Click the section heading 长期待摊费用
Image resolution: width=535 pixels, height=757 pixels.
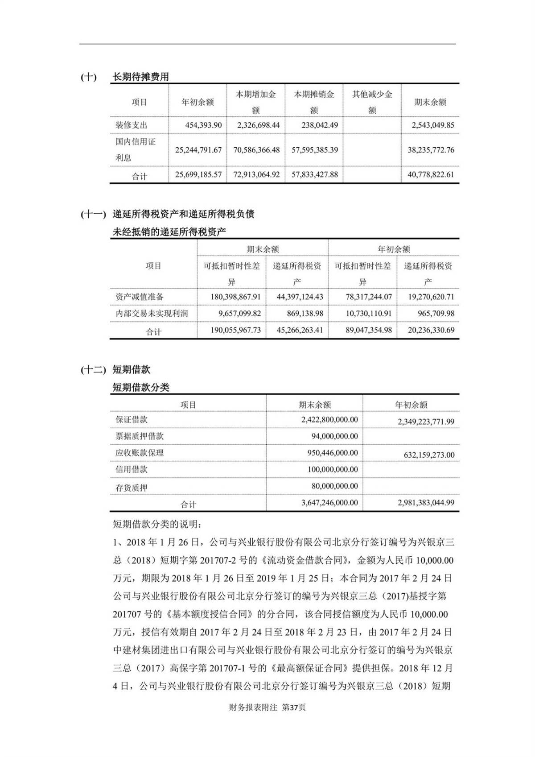[140, 77]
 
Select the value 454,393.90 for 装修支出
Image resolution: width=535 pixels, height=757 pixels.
[203, 125]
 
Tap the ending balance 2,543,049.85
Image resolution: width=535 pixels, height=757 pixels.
[431, 125]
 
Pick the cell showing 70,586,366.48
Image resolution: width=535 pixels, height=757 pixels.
[256, 150]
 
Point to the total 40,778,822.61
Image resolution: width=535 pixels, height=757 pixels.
[431, 174]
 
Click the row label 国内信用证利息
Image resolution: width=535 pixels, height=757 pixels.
[136, 149]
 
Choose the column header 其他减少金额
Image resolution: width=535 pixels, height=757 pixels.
[372, 102]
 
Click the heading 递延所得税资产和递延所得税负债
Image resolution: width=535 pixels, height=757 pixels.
[183, 214]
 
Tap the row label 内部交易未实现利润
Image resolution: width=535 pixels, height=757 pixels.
[152, 314]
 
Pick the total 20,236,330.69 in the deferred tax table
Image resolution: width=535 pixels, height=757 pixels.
[431, 330]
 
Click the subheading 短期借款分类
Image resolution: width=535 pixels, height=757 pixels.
[141, 387]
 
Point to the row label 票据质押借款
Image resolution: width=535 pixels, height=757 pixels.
[140, 436]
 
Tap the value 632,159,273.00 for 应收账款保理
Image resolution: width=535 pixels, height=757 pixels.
[426, 455]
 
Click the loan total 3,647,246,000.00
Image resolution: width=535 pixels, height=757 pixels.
[329, 503]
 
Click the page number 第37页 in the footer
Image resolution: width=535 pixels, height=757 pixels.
[294, 707]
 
